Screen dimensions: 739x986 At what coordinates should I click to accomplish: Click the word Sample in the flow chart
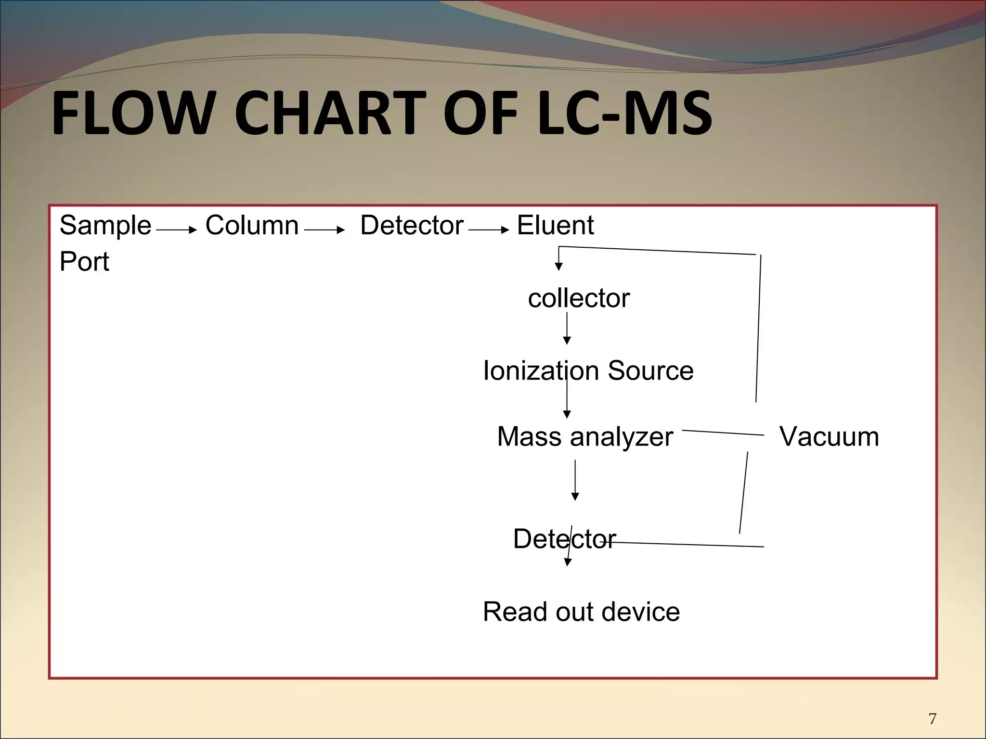click(105, 226)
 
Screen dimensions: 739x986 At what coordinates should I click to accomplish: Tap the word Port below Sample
click(84, 262)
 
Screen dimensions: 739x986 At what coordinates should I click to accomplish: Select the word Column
click(252, 225)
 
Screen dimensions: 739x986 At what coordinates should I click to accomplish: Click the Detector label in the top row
click(412, 225)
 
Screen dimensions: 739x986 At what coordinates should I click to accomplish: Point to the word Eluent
click(555, 225)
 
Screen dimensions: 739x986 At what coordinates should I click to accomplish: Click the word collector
click(578, 298)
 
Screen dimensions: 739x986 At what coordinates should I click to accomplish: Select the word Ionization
click(541, 371)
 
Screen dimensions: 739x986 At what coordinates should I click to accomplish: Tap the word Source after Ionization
click(650, 371)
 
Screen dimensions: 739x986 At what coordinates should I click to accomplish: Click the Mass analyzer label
click(584, 437)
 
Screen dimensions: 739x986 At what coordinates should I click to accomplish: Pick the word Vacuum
click(829, 437)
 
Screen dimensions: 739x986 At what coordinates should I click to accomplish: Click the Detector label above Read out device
click(564, 539)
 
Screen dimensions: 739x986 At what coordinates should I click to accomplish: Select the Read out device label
click(581, 612)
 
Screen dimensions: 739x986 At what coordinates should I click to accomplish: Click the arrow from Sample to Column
click(177, 230)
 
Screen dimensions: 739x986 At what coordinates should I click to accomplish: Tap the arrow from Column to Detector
click(324, 230)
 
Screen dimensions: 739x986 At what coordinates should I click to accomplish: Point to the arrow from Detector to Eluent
click(488, 230)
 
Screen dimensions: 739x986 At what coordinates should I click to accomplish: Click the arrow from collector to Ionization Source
click(567, 329)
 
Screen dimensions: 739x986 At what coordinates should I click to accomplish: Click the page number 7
click(933, 719)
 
